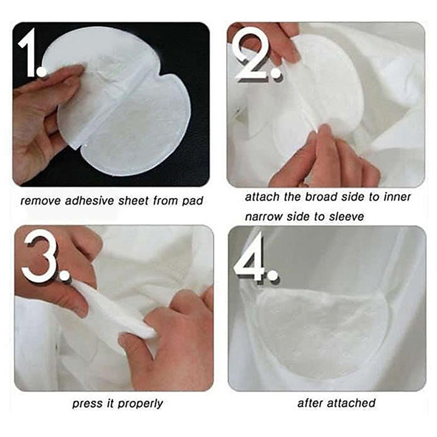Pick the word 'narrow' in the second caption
coord(264,216)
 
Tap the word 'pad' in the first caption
coord(192,200)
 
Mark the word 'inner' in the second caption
coord(396,197)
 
